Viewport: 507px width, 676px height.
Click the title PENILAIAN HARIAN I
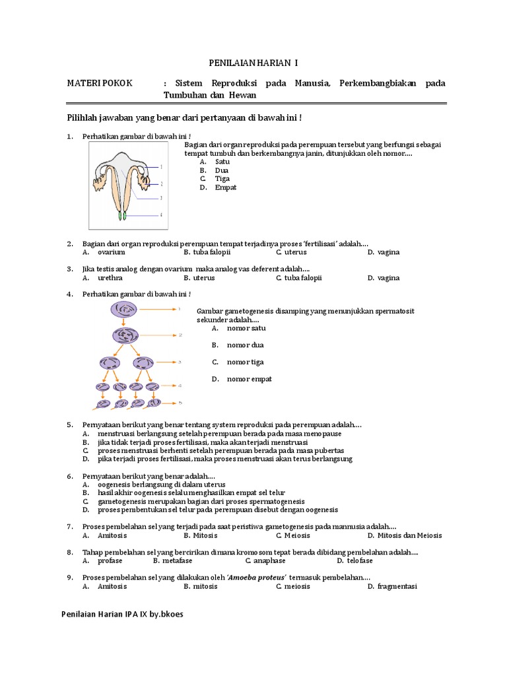[253, 63]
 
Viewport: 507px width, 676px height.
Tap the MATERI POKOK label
[99, 83]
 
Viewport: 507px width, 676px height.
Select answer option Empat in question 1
[225, 187]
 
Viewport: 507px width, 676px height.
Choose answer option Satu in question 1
[222, 161]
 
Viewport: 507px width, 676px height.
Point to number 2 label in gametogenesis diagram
[180, 335]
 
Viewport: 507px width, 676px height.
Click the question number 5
[69, 424]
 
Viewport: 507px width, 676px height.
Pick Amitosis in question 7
[112, 535]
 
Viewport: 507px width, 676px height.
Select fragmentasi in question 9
[397, 586]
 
